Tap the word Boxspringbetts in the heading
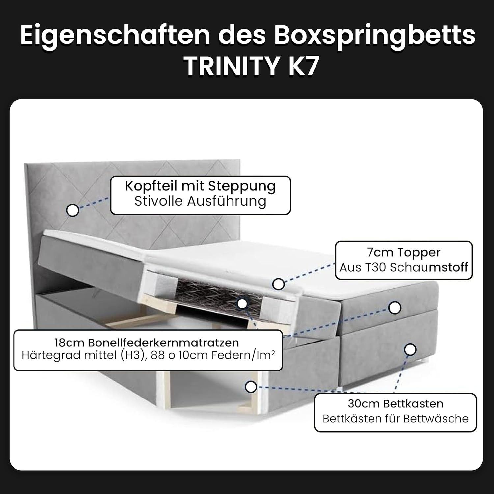(374, 36)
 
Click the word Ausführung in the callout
(227, 201)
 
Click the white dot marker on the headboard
(72, 210)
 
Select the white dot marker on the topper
(279, 284)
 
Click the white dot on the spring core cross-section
(242, 304)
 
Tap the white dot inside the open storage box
(251, 387)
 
